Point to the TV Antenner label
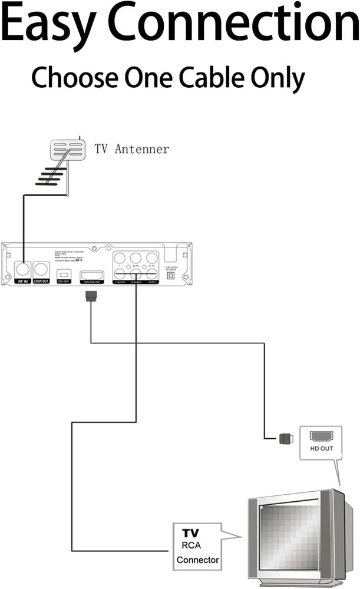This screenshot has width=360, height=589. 131,149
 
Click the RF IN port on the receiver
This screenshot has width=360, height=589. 23,270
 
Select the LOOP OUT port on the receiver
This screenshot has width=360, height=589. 41,270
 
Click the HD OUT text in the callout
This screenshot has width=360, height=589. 322,449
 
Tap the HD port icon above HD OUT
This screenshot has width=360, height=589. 322,436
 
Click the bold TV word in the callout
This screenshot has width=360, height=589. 191,532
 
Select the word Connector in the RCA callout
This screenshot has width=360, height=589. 197,560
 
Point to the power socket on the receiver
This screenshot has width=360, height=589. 171,274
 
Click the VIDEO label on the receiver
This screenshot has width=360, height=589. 152,283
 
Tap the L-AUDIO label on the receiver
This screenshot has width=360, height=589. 120,283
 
